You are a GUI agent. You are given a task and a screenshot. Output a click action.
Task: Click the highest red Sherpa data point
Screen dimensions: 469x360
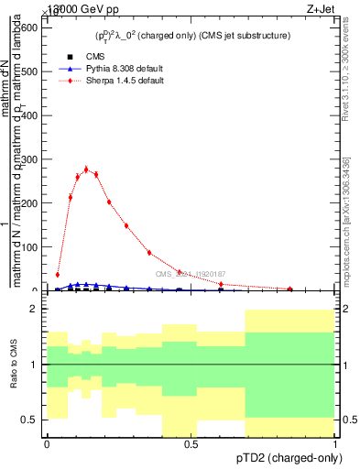pos(86,169)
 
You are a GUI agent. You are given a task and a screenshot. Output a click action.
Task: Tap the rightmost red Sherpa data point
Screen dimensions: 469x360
pos(290,289)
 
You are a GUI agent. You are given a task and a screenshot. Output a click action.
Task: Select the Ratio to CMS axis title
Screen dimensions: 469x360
pos(14,365)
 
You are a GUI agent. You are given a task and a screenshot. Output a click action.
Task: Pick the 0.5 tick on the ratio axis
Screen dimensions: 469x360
pos(29,420)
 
